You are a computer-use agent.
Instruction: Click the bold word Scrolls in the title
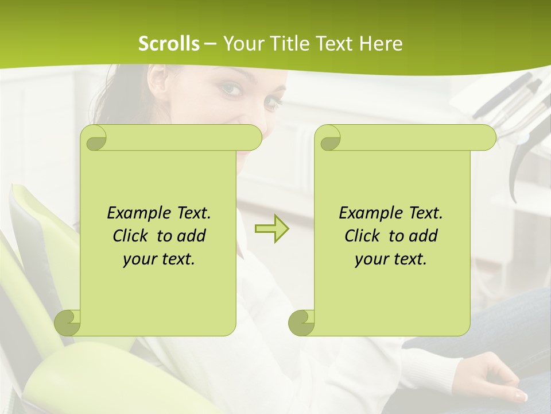pos(169,44)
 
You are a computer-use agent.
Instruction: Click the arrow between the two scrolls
pos(271,228)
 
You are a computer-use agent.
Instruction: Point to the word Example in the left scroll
pos(137,213)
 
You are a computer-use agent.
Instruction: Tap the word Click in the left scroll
pos(131,236)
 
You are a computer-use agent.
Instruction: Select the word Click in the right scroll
pos(363,236)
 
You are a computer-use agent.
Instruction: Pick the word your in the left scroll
pos(140,259)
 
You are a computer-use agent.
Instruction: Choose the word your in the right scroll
pos(372,259)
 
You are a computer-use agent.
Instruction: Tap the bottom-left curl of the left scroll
pos(68,323)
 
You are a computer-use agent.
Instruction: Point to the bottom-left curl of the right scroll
pos(302,323)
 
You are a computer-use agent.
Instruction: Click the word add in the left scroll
pos(192,236)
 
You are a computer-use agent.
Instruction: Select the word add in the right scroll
pos(424,236)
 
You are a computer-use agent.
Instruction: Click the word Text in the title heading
pos(333,44)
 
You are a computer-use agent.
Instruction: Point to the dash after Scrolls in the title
pos(210,44)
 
